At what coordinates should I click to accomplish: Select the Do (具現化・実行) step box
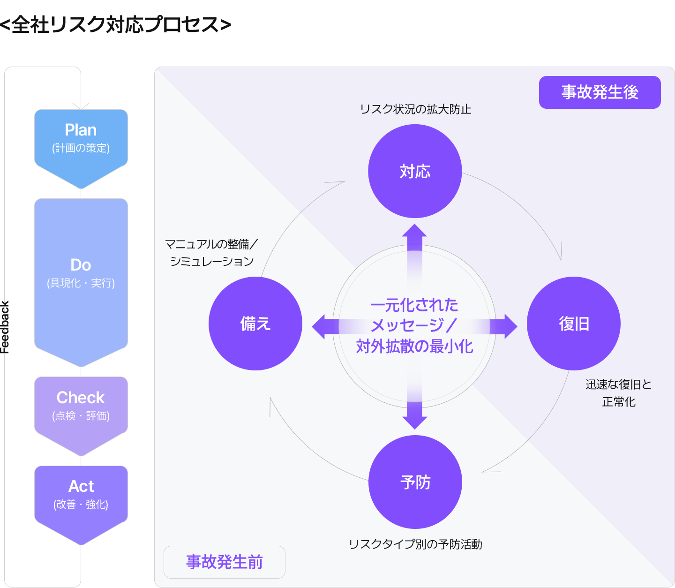click(x=81, y=274)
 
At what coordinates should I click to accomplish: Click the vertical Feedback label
click(x=5, y=327)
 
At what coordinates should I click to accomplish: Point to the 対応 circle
click(x=415, y=171)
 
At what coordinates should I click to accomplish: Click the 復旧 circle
click(x=574, y=324)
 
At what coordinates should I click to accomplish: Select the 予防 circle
click(x=415, y=482)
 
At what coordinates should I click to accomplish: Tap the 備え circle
click(x=255, y=324)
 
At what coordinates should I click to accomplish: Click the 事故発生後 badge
click(x=600, y=92)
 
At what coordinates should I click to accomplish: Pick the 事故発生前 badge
click(x=225, y=562)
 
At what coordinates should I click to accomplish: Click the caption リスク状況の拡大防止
click(x=415, y=109)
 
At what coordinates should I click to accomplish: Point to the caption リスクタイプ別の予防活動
click(x=415, y=544)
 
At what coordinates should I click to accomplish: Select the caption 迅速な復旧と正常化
click(x=619, y=393)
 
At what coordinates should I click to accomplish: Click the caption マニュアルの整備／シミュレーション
click(x=211, y=252)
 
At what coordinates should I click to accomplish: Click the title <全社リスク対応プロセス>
click(x=115, y=24)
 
